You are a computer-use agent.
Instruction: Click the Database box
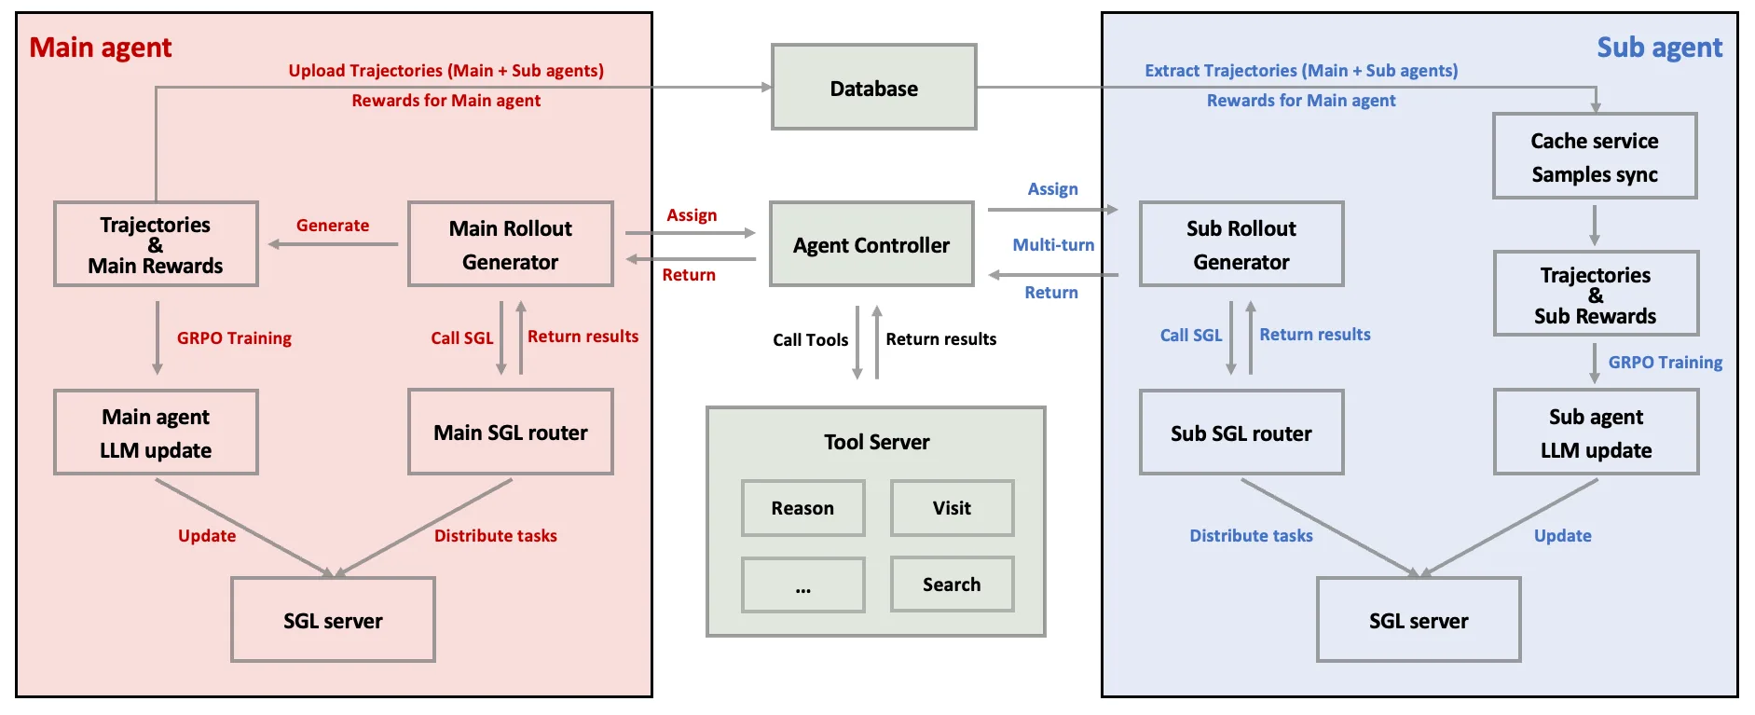click(x=873, y=88)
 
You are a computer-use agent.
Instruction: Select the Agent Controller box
click(x=871, y=244)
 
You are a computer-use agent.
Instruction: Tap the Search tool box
click(x=952, y=584)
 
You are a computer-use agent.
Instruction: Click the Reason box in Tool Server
click(x=802, y=508)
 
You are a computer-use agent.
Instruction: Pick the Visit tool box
click(x=952, y=508)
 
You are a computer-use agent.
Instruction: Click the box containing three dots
click(x=802, y=585)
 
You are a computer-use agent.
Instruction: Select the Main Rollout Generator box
click(x=510, y=244)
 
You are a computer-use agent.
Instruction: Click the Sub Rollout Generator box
click(x=1241, y=244)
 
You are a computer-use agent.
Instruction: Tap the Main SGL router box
click(x=510, y=433)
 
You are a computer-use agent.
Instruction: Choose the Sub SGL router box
click(x=1241, y=433)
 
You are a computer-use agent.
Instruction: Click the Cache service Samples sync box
click(x=1594, y=157)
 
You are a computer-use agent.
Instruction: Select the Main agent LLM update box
click(x=156, y=433)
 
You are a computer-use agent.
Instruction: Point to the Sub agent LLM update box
click(x=1596, y=433)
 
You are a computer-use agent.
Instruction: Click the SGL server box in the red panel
click(x=333, y=620)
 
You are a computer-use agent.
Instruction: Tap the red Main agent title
click(x=101, y=48)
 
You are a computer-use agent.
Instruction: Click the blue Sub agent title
click(x=1659, y=48)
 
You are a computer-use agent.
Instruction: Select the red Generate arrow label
click(x=333, y=226)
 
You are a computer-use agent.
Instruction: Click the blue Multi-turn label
click(x=1053, y=245)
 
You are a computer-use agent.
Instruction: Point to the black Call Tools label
click(x=810, y=340)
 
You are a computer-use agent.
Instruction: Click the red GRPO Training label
click(x=234, y=338)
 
